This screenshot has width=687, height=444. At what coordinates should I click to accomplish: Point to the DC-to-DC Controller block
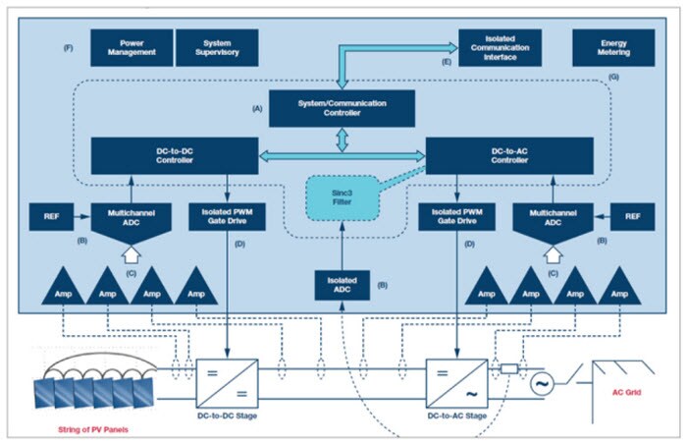point(175,154)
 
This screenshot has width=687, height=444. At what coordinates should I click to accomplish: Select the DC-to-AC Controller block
point(509,154)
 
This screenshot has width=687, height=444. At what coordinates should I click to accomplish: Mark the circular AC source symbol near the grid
point(539,383)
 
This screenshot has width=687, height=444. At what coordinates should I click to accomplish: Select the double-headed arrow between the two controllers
point(342,154)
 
